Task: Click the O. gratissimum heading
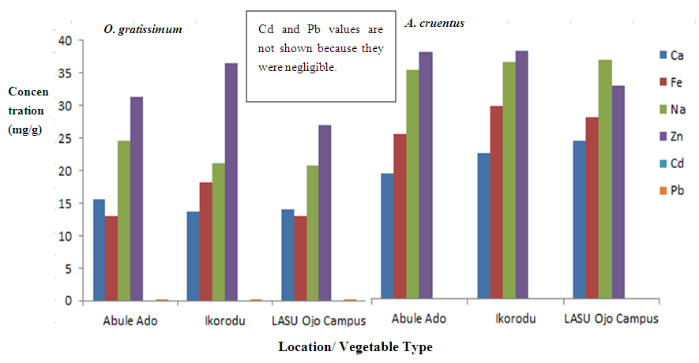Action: click(143, 29)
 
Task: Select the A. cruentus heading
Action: click(434, 24)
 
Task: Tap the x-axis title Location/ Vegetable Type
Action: click(355, 346)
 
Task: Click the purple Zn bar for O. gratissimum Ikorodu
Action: click(231, 181)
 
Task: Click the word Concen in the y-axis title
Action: click(28, 92)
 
